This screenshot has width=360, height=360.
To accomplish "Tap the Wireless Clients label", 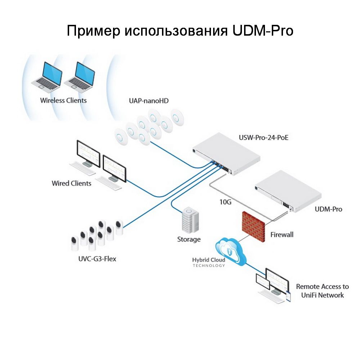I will coord(63,100).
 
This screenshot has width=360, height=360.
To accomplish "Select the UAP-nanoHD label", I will coord(149,100).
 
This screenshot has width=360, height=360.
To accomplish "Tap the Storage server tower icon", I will coord(190,220).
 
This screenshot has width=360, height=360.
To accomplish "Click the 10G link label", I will coord(225,202).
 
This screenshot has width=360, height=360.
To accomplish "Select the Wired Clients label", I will coord(72,183).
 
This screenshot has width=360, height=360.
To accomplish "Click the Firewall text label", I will coord(282,235).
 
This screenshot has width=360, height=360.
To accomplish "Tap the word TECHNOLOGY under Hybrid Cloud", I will coord(209,266).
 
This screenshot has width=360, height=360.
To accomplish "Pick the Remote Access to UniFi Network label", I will coord(322,291).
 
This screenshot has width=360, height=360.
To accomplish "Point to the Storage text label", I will coord(189,239).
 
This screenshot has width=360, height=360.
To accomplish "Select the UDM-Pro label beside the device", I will coord(328,209).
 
